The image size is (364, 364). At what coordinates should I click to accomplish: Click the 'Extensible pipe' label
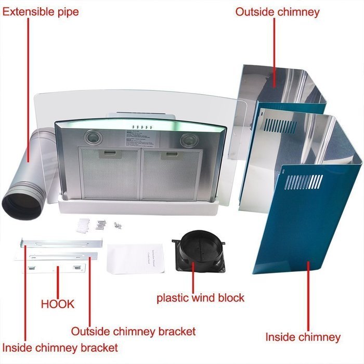point(41,11)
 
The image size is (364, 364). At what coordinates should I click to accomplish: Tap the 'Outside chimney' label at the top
point(277,11)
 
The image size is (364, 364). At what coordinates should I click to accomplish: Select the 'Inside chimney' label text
point(303,337)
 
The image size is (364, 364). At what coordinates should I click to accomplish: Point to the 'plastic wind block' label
point(200,298)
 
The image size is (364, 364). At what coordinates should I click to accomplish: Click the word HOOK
point(58,304)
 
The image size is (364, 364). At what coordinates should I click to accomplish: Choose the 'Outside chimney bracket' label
point(133,331)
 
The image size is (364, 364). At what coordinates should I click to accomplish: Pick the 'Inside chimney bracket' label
point(60,347)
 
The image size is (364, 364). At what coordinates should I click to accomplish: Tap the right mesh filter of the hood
point(172,174)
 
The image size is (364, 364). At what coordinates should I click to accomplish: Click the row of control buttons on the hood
point(140,127)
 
